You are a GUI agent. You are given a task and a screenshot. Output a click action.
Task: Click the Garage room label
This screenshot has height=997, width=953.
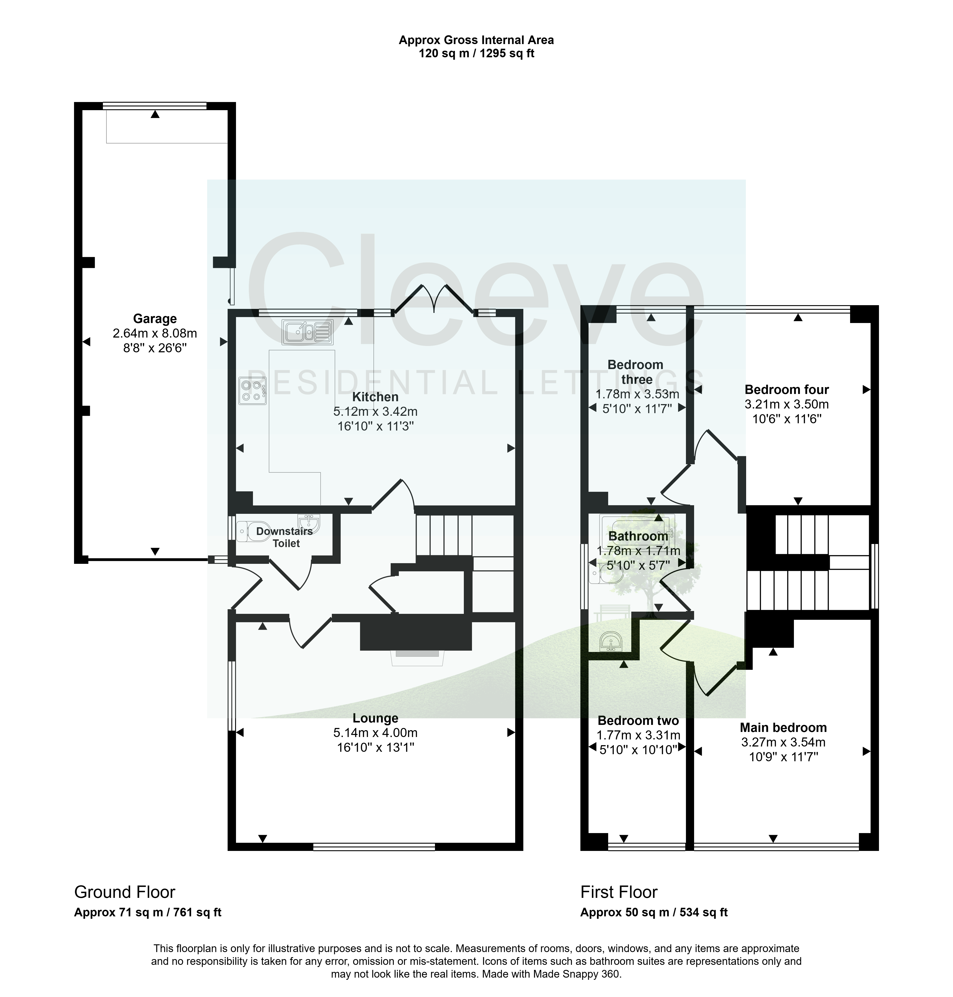[x=155, y=319]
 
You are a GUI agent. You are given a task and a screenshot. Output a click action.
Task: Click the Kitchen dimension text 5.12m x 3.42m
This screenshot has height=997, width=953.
[x=375, y=412]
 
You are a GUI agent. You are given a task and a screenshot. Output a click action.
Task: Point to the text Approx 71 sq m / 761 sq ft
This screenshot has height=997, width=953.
[x=148, y=912]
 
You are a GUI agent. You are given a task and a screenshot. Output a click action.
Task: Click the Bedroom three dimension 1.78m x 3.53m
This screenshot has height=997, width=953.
[x=637, y=394]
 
